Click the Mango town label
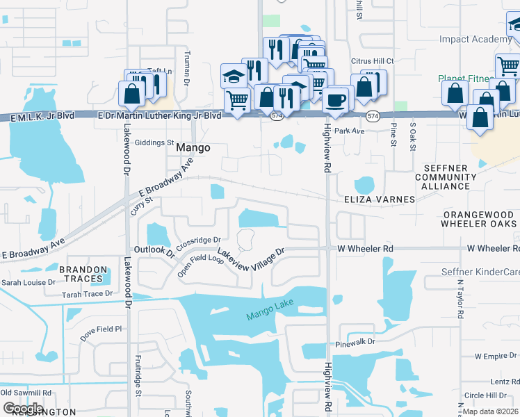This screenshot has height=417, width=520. click(193, 148)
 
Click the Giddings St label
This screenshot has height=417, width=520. click(154, 142)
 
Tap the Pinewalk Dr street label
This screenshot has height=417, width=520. click(355, 342)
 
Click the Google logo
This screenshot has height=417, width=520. click(24, 408)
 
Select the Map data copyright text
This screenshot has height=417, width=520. click(490, 411)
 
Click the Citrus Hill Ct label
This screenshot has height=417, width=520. click(373, 61)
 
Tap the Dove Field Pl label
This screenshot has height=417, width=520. click(100, 329)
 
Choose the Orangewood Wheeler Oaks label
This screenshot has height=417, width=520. click(480, 219)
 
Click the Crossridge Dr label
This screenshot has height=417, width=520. click(197, 241)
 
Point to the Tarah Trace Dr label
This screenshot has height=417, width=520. click(87, 294)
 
